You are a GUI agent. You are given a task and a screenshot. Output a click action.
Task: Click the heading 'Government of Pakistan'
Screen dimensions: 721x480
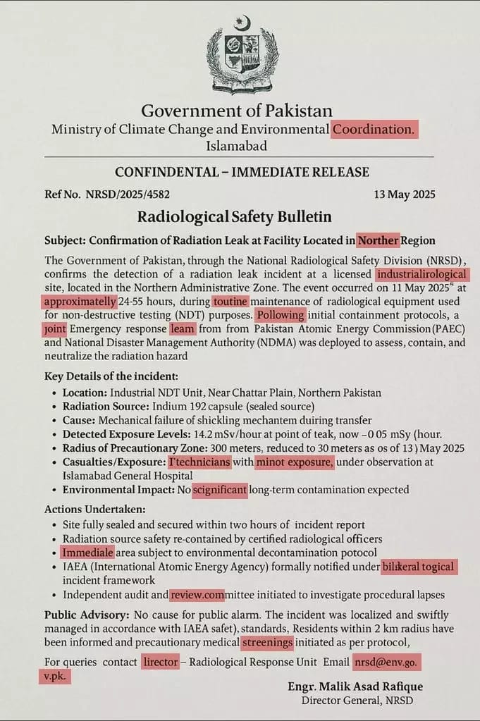[x=237, y=111]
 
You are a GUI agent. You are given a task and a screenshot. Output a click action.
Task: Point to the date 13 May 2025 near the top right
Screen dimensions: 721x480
[x=404, y=195]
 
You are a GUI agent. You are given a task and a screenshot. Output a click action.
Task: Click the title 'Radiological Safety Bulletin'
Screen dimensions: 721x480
[x=234, y=216]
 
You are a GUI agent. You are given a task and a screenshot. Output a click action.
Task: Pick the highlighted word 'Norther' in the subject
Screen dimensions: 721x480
[x=378, y=240]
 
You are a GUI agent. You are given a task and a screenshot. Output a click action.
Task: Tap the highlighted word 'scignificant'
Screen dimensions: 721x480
[x=220, y=490]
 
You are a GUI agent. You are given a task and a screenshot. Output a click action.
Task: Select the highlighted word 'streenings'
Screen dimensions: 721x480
[x=268, y=643]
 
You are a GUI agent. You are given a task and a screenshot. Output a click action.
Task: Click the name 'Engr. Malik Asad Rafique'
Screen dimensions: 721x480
[x=355, y=686]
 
